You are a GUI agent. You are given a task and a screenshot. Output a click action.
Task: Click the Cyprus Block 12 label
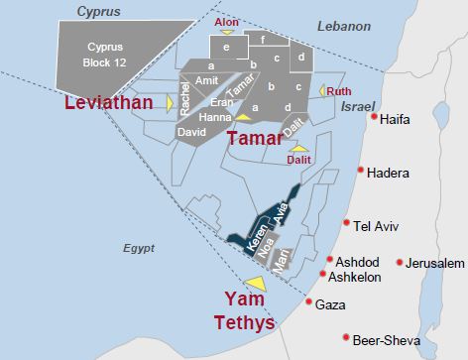106,56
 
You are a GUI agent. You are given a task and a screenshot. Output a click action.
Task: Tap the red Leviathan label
109,103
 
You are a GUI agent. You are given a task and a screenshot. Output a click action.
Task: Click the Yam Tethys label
243,309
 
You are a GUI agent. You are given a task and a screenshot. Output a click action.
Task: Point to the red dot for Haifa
374,118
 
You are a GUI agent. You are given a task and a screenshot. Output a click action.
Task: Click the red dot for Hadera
361,171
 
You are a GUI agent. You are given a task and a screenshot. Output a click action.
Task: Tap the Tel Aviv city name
376,226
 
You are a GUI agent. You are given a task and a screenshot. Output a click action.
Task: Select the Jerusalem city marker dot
400,263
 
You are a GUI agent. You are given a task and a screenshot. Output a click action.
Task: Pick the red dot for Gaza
309,303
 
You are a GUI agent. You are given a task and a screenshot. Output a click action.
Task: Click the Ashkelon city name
354,278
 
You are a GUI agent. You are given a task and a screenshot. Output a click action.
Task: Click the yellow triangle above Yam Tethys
255,284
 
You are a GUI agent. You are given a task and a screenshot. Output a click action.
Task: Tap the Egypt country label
140,249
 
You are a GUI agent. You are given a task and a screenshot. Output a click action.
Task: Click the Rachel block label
185,97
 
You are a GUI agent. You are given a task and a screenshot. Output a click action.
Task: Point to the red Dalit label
298,158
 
